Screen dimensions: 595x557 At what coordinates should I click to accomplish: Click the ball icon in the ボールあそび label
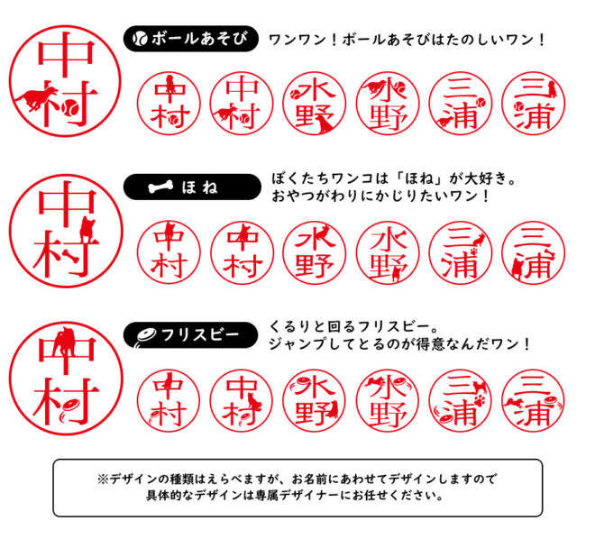pyautogui.click(x=140, y=39)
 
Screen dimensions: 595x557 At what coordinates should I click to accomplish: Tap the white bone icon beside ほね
pyautogui.click(x=160, y=187)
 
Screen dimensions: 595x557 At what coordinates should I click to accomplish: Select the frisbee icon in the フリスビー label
pyautogui.click(x=146, y=336)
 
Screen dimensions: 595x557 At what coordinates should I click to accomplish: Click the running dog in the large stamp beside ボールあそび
pyautogui.click(x=36, y=98)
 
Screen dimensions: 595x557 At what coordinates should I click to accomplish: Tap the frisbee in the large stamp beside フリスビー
pyautogui.click(x=69, y=411)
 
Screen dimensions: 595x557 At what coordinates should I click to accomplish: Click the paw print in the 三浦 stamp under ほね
pyautogui.click(x=473, y=251)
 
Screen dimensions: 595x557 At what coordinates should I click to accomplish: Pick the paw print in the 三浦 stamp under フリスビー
pyautogui.click(x=480, y=399)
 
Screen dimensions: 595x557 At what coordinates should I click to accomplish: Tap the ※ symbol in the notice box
pyautogui.click(x=103, y=479)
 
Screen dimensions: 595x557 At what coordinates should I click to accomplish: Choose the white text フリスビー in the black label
pyautogui.click(x=200, y=334)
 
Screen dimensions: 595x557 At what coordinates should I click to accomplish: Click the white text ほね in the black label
pyautogui.click(x=199, y=187)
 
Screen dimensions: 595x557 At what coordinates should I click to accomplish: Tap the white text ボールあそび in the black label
pyautogui.click(x=199, y=39)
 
